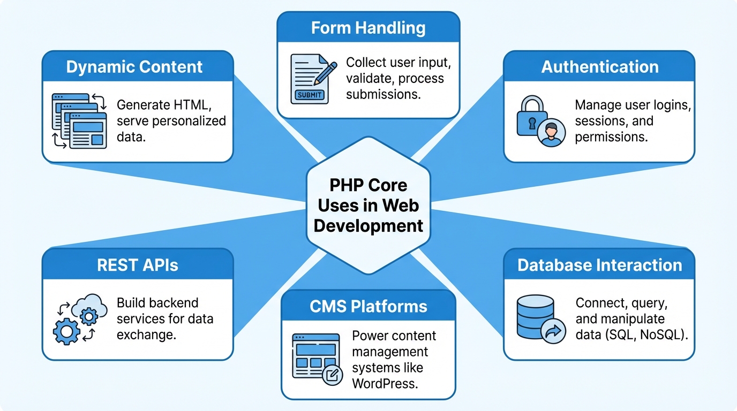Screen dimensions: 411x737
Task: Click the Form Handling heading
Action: pos(368,28)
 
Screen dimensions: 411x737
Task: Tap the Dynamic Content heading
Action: pos(134,67)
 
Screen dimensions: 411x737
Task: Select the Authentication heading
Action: pos(599,67)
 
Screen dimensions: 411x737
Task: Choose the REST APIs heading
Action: pos(138,265)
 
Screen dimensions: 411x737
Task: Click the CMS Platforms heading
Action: pos(368,306)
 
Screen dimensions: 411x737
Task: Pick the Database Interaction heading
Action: pos(599,265)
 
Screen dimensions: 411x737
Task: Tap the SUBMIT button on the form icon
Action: pos(309,95)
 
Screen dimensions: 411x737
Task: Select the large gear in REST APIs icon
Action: pos(66,332)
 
